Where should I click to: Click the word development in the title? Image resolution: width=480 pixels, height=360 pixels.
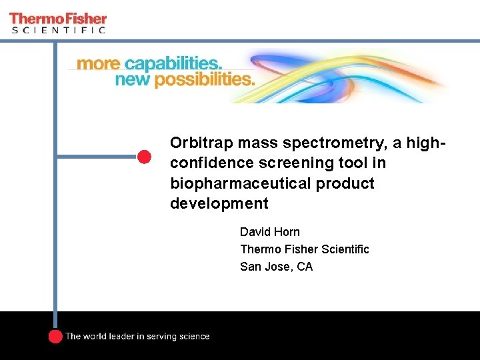pyautogui.click(x=219, y=203)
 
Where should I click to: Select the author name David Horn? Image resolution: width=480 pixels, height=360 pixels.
pyautogui.click(x=270, y=232)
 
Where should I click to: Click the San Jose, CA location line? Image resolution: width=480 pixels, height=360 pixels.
pyautogui.click(x=276, y=267)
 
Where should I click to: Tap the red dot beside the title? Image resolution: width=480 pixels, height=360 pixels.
pyautogui.click(x=145, y=157)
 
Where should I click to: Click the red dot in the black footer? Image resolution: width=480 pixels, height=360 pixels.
pyautogui.click(x=55, y=336)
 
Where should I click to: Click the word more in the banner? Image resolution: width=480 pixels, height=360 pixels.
pyautogui.click(x=99, y=65)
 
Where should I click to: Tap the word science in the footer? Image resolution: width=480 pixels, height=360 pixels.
pyautogui.click(x=193, y=337)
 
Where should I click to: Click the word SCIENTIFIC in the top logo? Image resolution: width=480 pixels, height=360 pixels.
pyautogui.click(x=58, y=29)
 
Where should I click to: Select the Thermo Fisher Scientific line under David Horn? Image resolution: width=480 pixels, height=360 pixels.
pyautogui.click(x=304, y=249)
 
